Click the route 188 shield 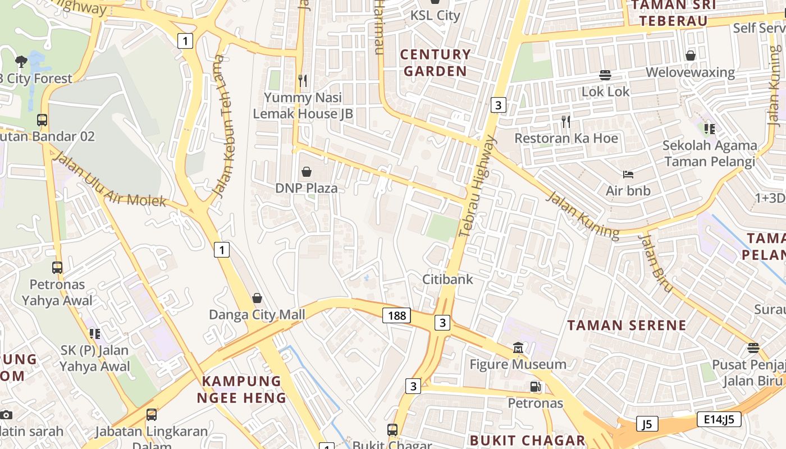[396, 315]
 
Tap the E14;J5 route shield [719, 419]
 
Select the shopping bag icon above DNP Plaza [307, 171]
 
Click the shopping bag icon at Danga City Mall [257, 297]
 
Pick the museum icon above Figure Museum [518, 348]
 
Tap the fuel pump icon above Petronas [536, 387]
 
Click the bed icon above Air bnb [628, 175]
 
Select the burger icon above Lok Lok [605, 75]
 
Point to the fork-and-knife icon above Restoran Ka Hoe [566, 121]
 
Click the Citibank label [447, 279]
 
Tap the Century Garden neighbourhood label [435, 63]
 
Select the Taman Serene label [627, 325]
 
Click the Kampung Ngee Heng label [241, 390]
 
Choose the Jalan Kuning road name [583, 216]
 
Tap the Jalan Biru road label [655, 263]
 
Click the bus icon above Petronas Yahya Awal [57, 268]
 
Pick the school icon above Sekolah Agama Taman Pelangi [710, 129]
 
